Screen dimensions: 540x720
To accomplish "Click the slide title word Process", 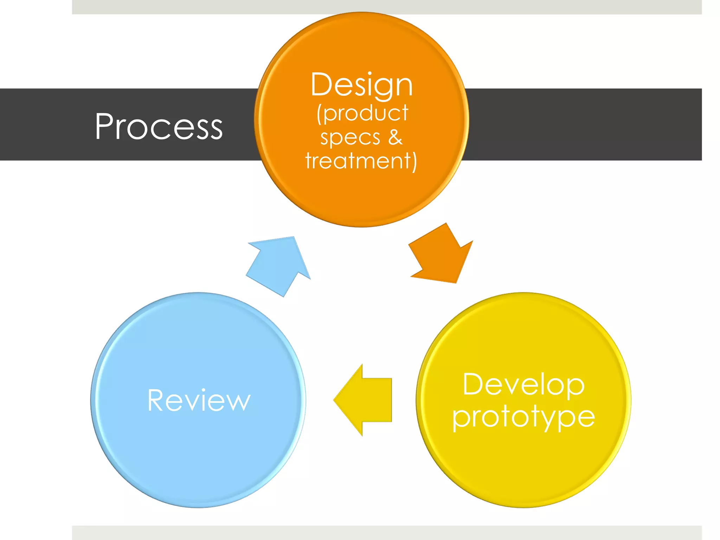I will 159,127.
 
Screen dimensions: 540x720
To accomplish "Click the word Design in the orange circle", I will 361,85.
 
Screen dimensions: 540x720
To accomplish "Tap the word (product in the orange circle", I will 362,113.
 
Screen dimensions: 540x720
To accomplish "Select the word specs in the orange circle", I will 350,137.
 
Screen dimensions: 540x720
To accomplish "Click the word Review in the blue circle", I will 199,400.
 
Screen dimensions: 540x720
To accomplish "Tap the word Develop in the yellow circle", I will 523,385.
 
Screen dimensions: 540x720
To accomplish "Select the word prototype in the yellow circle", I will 523,417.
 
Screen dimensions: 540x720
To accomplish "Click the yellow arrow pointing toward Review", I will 366,400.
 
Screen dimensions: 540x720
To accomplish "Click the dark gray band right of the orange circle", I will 580,124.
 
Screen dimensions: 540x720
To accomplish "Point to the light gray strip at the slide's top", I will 387,7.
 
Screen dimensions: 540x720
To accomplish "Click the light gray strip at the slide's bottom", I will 387,533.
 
